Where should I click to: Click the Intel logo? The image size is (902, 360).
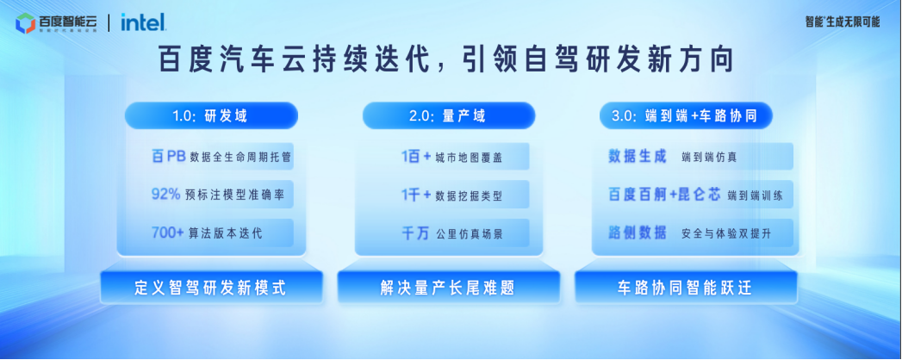(x=142, y=22)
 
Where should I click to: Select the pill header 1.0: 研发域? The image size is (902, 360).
(x=211, y=115)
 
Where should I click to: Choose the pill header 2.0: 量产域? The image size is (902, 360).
(x=447, y=115)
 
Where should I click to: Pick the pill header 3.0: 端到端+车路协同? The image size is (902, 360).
(x=684, y=115)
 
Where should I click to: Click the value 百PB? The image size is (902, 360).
(x=169, y=156)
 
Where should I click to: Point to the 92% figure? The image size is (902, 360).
(x=165, y=195)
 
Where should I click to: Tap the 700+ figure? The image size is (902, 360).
(x=166, y=233)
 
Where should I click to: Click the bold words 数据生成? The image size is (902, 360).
(x=638, y=156)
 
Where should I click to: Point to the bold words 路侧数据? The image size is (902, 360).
(x=638, y=233)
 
